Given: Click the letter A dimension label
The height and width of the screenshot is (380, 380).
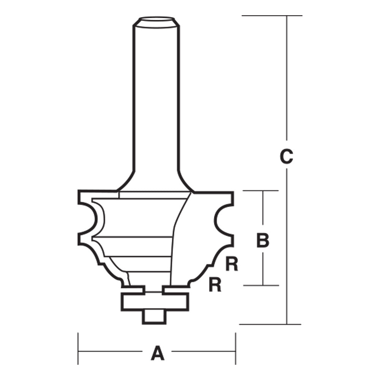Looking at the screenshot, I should click(157, 353).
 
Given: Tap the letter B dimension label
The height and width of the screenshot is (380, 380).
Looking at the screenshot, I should click(263, 241).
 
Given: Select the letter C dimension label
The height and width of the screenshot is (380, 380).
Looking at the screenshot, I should click(286, 157).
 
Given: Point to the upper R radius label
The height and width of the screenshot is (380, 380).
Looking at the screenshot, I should click(232, 264).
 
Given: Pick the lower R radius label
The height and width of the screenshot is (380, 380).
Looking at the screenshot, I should click(215, 285).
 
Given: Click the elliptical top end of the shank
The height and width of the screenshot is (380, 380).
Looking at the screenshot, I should click(156, 21).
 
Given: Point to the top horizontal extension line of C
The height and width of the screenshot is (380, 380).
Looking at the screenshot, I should click(272, 16).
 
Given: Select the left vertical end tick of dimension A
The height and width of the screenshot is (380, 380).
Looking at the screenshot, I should click(78, 348).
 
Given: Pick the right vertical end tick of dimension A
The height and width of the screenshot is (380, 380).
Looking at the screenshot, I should click(236, 348).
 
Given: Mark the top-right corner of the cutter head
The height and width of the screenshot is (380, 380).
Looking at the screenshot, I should click(231, 193).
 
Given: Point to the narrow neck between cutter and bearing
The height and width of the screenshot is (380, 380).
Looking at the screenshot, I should click(154, 290).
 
